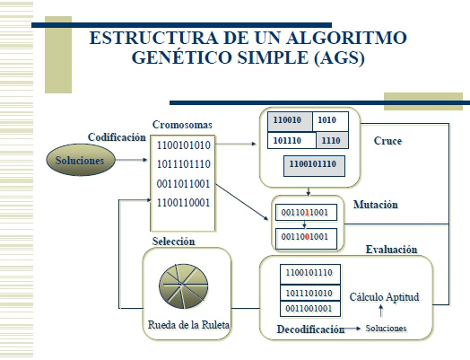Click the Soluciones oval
(81, 161)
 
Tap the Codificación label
(116, 137)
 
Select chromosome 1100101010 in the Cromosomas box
(183, 145)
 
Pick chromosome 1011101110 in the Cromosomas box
(183, 164)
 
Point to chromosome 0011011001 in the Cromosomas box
(183, 183)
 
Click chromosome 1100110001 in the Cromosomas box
(183, 203)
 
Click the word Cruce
(387, 141)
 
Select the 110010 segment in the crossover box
(288, 119)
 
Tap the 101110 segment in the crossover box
(288, 141)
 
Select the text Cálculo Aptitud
(385, 297)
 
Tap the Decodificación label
(303, 329)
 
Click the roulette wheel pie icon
(185, 286)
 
